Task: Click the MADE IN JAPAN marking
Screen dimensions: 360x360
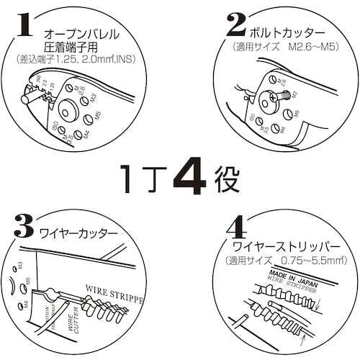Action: pos(287,276)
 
